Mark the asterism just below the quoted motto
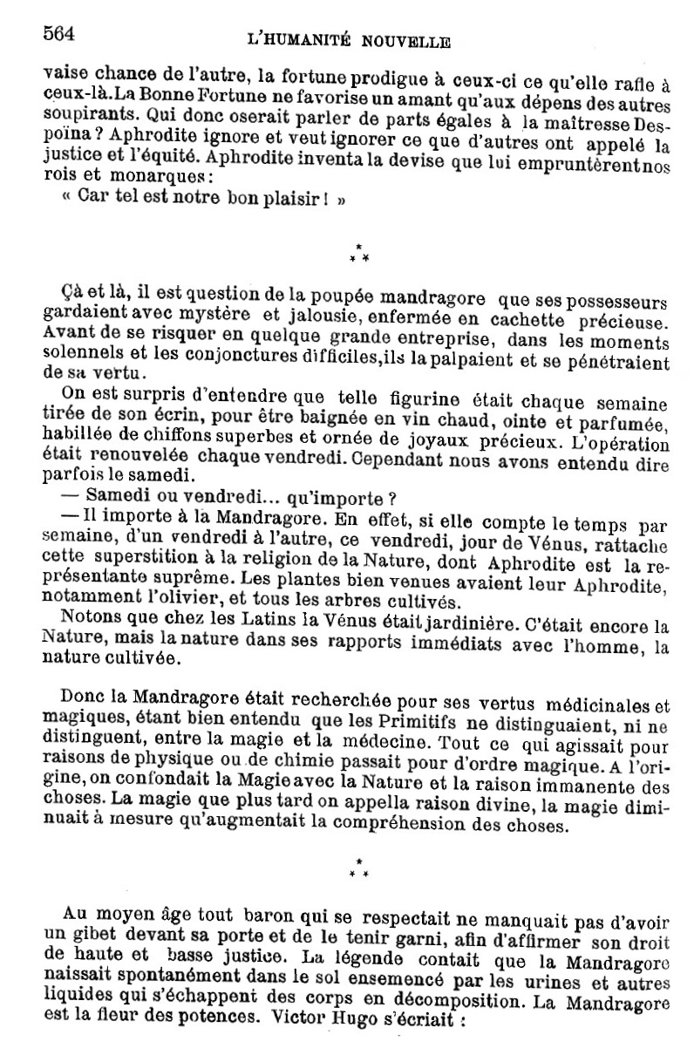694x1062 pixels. pos(358,253)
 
